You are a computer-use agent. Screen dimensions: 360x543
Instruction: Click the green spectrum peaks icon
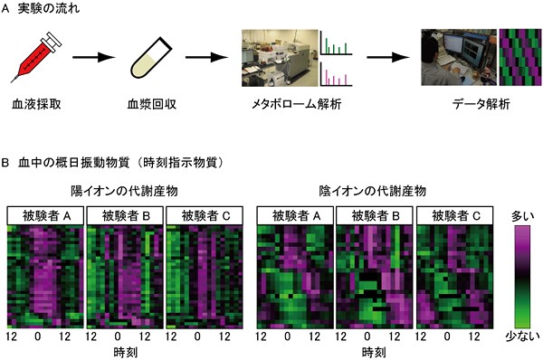[336, 44]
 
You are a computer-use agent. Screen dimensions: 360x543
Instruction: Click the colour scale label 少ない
[524, 336]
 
